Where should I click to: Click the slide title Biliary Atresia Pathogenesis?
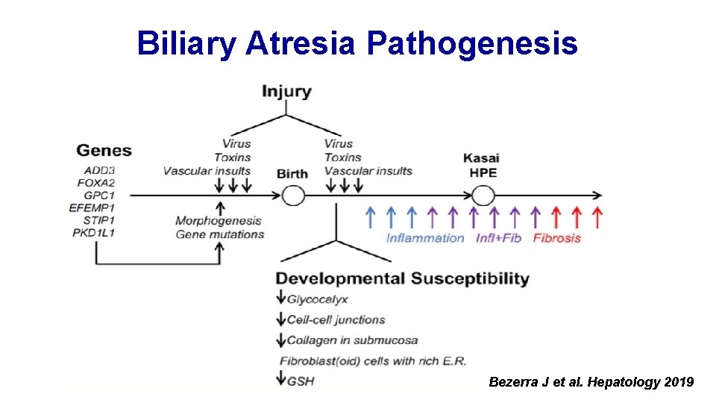(357, 43)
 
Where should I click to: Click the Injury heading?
(286, 92)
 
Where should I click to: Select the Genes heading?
(104, 150)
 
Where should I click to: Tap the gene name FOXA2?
(99, 183)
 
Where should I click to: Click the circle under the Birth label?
(292, 196)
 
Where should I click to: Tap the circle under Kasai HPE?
(483, 196)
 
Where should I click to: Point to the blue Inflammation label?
(425, 238)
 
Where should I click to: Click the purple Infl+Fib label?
(500, 238)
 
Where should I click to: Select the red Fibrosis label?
(557, 238)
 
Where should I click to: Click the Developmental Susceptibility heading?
(403, 279)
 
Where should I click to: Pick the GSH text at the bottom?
(301, 381)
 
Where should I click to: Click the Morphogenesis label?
(219, 221)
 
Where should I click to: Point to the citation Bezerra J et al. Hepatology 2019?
(591, 382)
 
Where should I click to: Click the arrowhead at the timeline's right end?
(597, 196)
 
